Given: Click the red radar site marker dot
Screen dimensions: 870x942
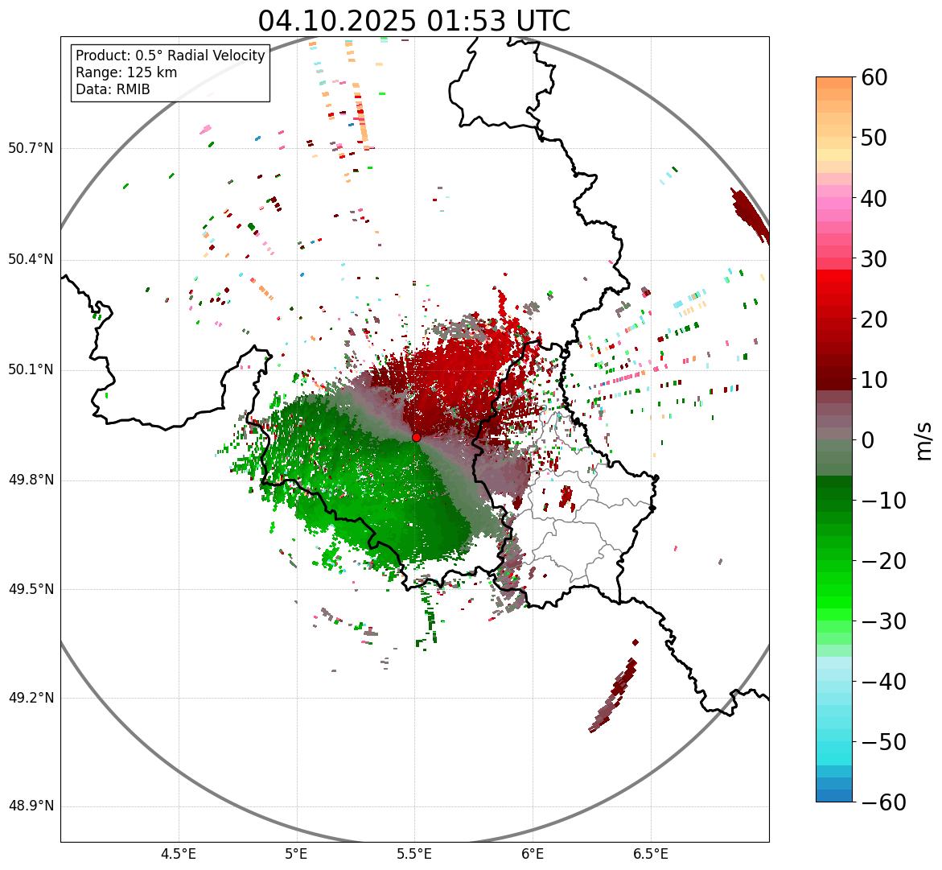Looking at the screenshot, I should pyautogui.click(x=416, y=437).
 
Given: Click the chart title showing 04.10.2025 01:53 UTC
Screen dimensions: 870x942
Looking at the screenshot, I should pyautogui.click(x=413, y=21).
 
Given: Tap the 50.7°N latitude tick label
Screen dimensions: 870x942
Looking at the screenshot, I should pyautogui.click(x=31, y=149).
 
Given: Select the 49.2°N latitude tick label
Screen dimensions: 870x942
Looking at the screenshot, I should pyautogui.click(x=31, y=698).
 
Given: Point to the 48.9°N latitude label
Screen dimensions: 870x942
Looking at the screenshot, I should pyautogui.click(x=31, y=806).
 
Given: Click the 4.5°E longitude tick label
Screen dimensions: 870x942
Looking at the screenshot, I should pyautogui.click(x=179, y=854).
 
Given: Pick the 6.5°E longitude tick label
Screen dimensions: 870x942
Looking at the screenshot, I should pyautogui.click(x=650, y=854).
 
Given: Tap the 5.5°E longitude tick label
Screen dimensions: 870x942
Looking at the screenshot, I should pyautogui.click(x=414, y=854).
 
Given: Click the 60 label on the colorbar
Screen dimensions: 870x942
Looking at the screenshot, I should pyautogui.click(x=875, y=77).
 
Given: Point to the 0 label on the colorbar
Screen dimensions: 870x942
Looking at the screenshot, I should pyautogui.click(x=868, y=440).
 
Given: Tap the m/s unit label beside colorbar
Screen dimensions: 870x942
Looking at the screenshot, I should pyautogui.click(x=923, y=440).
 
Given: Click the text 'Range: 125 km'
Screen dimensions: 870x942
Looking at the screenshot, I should pyautogui.click(x=126, y=72).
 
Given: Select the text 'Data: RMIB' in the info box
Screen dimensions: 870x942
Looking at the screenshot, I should pyautogui.click(x=113, y=89).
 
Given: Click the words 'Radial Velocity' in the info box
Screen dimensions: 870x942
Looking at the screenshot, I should pyautogui.click(x=216, y=56).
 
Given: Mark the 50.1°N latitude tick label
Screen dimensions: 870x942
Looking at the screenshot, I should pyautogui.click(x=31, y=370).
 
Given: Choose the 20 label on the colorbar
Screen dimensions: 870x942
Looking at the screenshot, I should pyautogui.click(x=875, y=320).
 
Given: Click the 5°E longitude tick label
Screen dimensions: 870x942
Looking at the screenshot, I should pyautogui.click(x=297, y=854).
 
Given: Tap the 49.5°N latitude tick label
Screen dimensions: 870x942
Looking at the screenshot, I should pyautogui.click(x=31, y=589).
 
